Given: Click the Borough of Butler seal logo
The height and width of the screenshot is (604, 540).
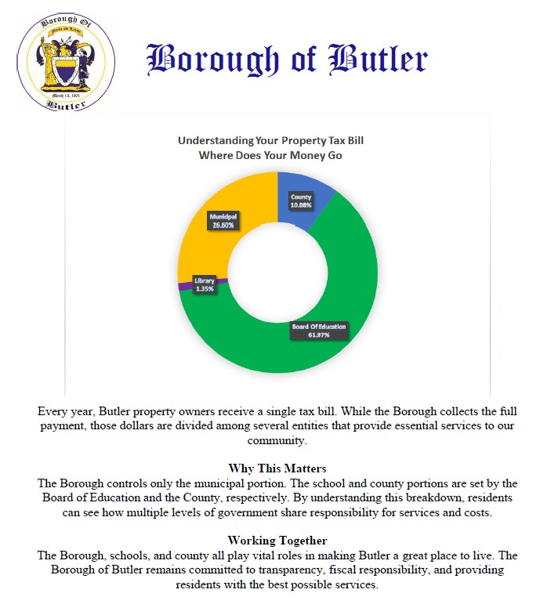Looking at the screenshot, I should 66,61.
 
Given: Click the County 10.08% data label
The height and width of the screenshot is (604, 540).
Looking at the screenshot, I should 301,201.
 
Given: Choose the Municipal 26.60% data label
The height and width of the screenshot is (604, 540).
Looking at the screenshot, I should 223,220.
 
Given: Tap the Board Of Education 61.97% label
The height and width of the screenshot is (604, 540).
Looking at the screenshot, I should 319,330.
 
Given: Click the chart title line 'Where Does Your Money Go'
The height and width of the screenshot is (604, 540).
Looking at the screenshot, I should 270,155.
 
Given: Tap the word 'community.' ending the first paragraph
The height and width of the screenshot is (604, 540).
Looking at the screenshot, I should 270,440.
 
